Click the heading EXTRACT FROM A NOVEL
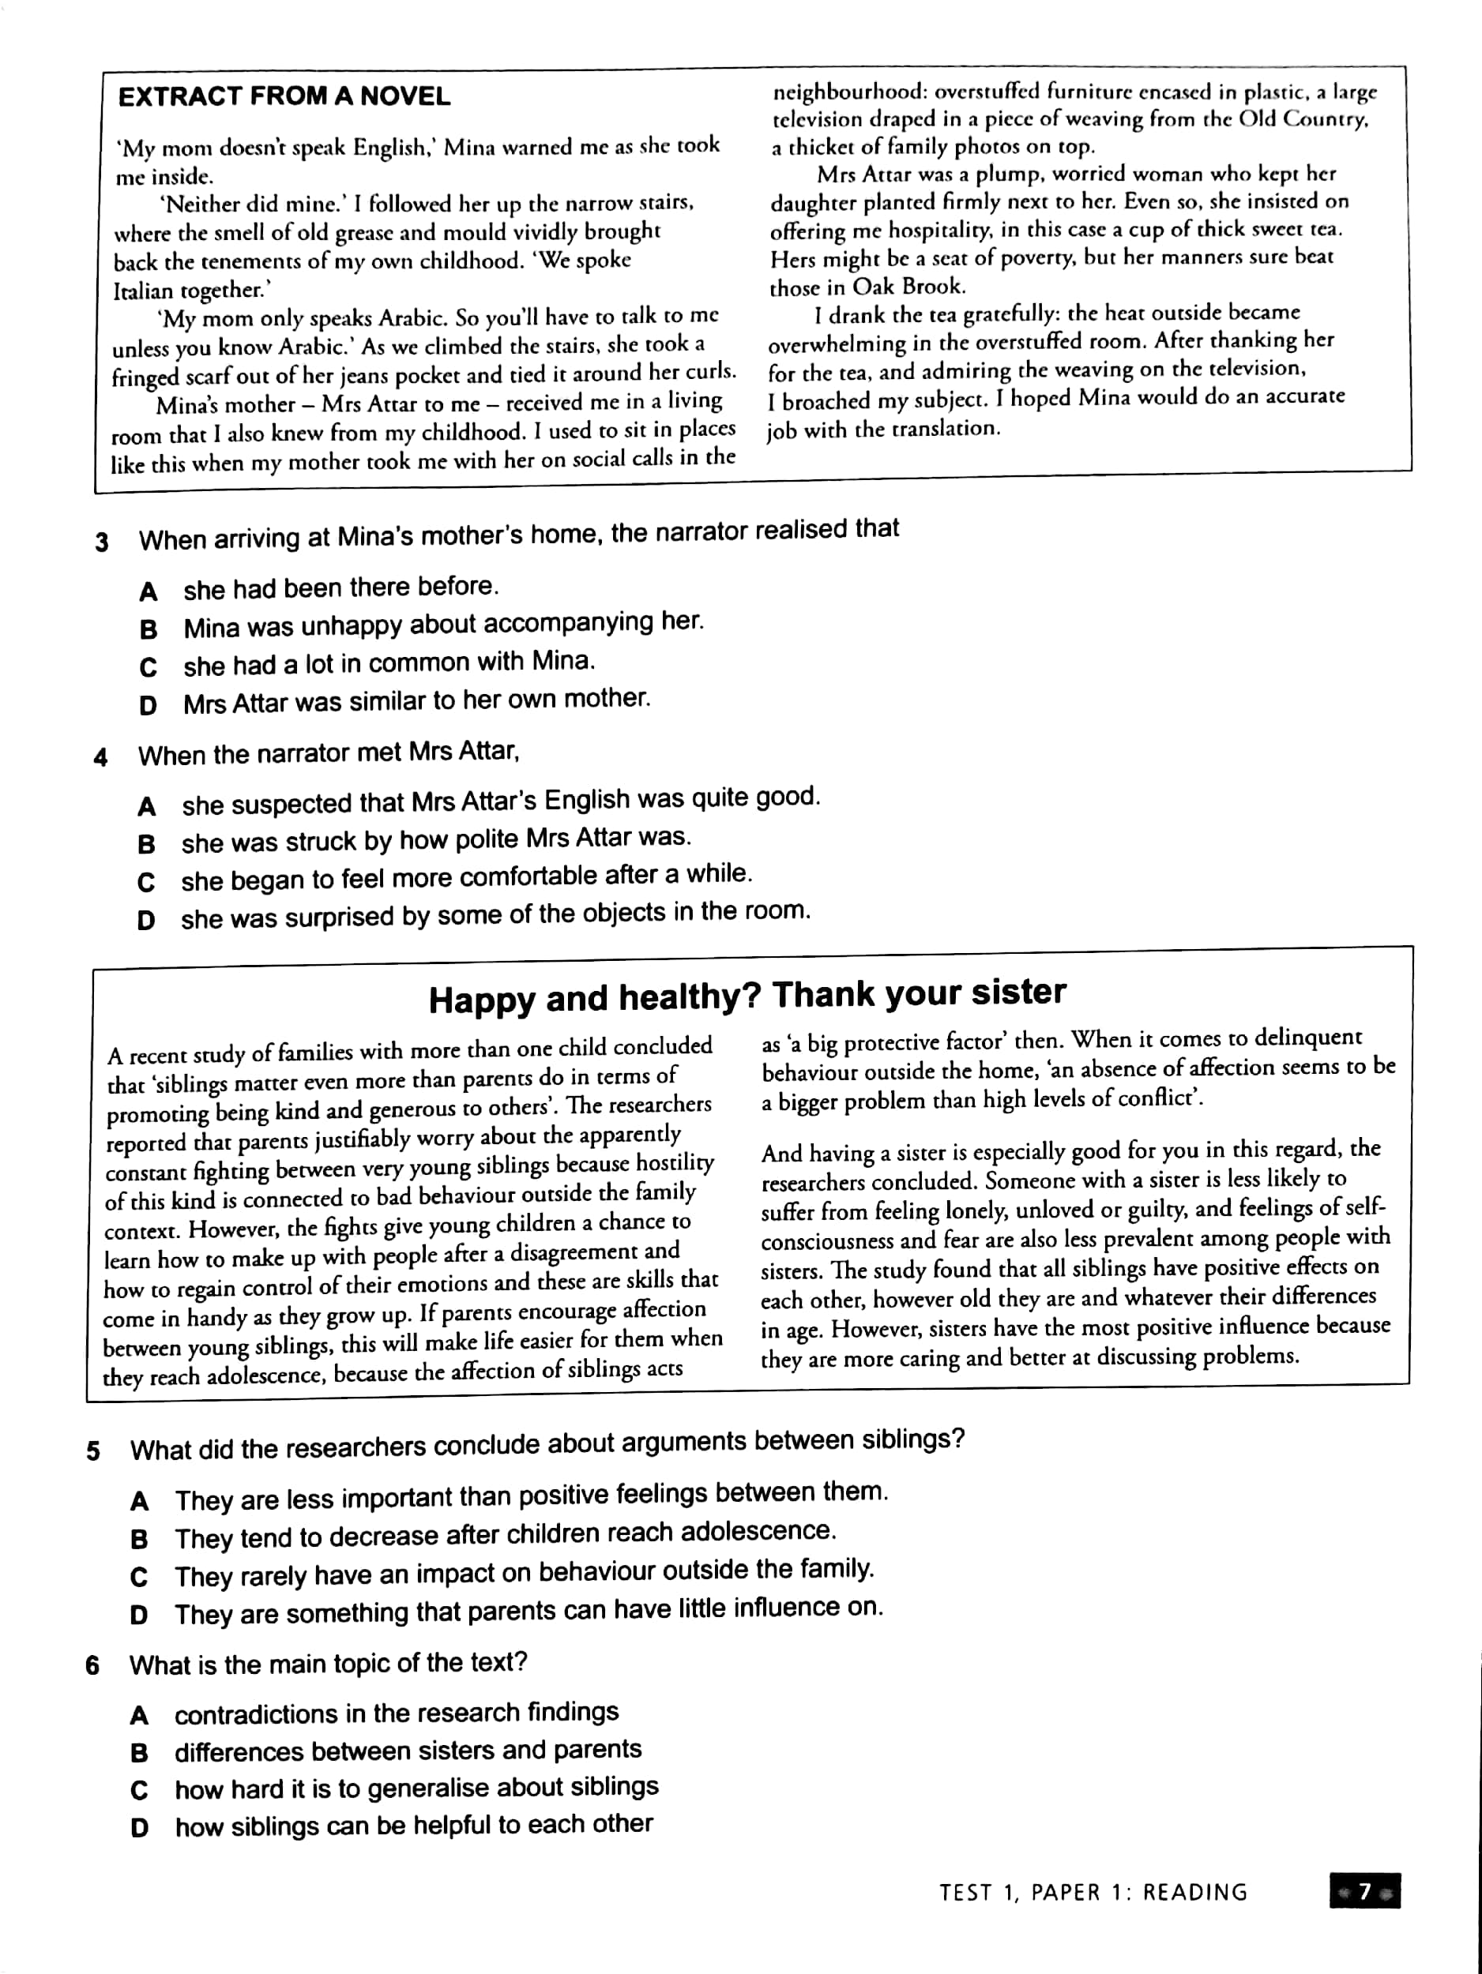(x=284, y=96)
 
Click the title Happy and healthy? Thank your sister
(x=747, y=996)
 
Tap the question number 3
(x=102, y=542)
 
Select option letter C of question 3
(x=149, y=666)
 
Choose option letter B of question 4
(x=146, y=843)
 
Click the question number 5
(x=93, y=1450)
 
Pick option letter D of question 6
(x=139, y=1828)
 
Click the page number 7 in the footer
(x=1364, y=1891)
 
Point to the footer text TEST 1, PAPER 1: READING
(x=1093, y=1892)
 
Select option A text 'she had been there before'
(x=340, y=588)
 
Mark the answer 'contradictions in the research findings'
(x=397, y=1713)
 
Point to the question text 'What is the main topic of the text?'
(x=328, y=1664)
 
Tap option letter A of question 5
(x=139, y=1501)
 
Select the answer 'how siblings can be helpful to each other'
(x=413, y=1825)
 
